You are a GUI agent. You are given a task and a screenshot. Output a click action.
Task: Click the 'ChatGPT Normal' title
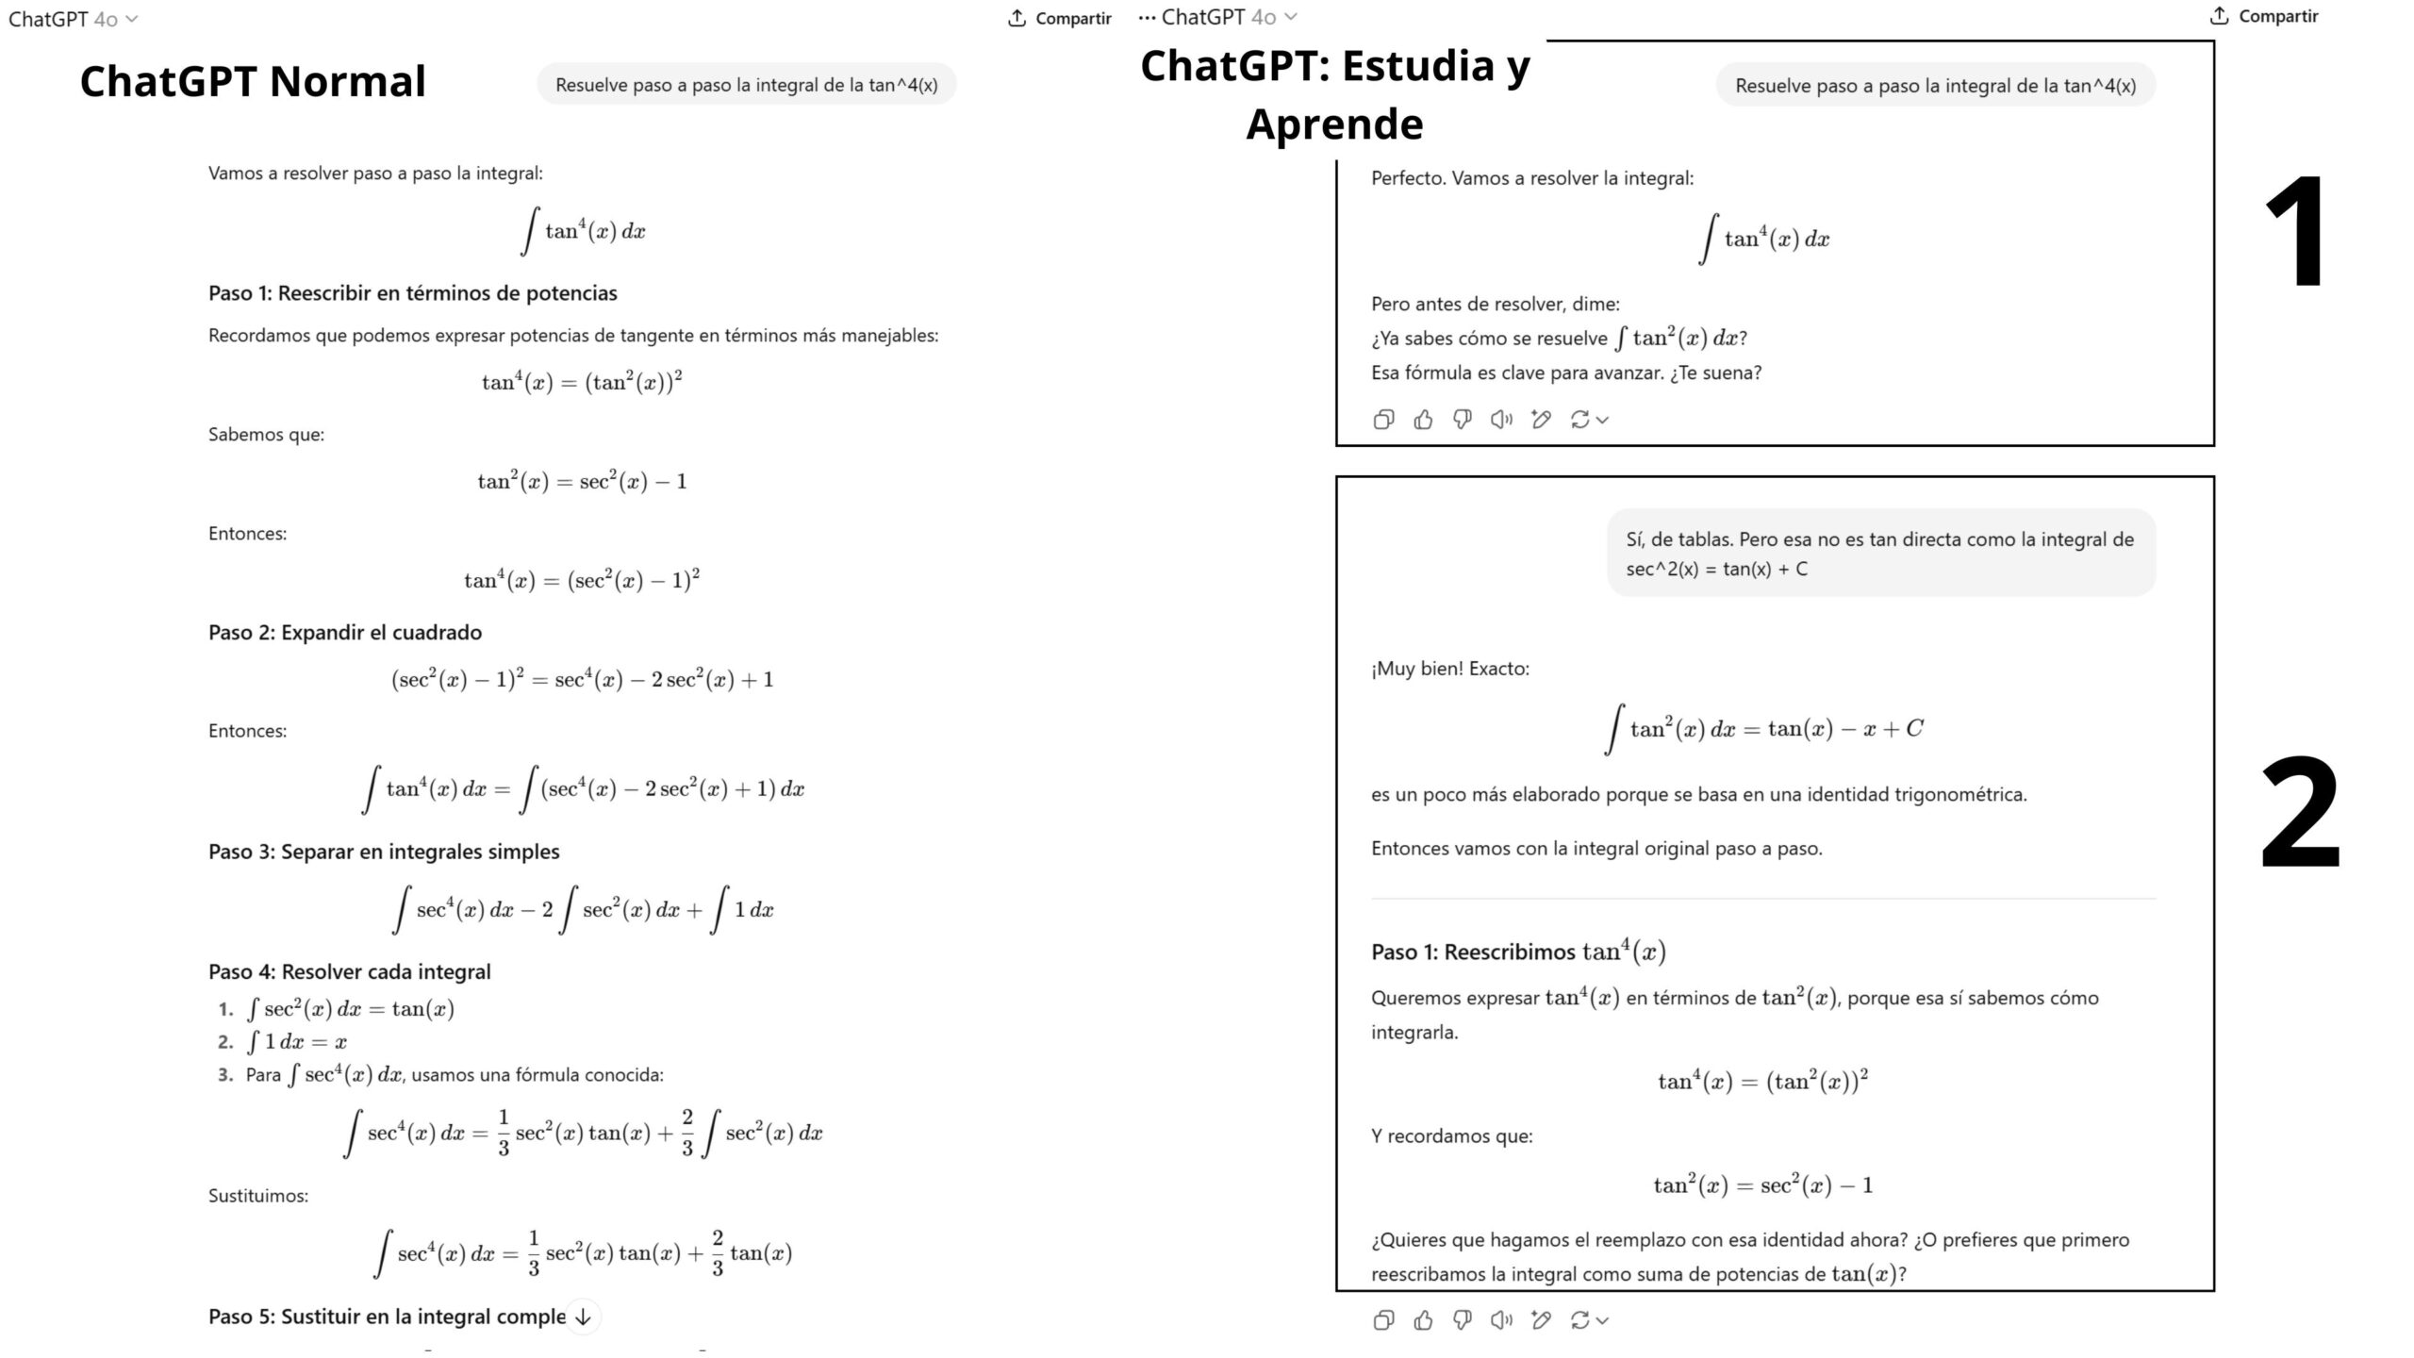point(253,81)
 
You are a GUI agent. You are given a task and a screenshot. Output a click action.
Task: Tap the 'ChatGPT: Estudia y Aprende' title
point(1334,93)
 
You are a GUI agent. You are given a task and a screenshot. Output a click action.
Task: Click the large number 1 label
point(2296,232)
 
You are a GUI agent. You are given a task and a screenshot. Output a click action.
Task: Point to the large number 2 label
point(2300,813)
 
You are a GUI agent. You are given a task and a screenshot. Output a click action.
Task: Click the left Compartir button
point(1060,18)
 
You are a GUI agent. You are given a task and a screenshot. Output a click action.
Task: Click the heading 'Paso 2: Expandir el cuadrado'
point(345,633)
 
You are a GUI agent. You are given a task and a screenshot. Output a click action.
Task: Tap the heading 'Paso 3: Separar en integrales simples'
point(384,852)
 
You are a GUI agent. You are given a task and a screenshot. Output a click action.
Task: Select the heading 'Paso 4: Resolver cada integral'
point(350,971)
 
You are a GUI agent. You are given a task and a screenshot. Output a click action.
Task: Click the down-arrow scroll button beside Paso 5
point(583,1317)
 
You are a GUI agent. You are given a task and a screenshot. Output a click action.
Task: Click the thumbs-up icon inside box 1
point(1423,420)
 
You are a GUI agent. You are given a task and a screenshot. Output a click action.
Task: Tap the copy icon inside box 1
point(1383,420)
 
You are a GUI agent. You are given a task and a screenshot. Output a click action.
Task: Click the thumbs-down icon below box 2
point(1463,1320)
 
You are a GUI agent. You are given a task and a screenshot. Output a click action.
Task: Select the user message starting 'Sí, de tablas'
point(1880,554)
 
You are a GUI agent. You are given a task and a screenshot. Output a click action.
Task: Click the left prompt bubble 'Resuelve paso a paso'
point(746,85)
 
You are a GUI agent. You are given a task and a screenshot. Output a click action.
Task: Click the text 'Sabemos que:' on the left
point(266,435)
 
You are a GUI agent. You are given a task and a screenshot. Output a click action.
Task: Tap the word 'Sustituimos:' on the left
point(258,1196)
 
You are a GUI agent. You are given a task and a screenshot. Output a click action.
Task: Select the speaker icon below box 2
point(1501,1320)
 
